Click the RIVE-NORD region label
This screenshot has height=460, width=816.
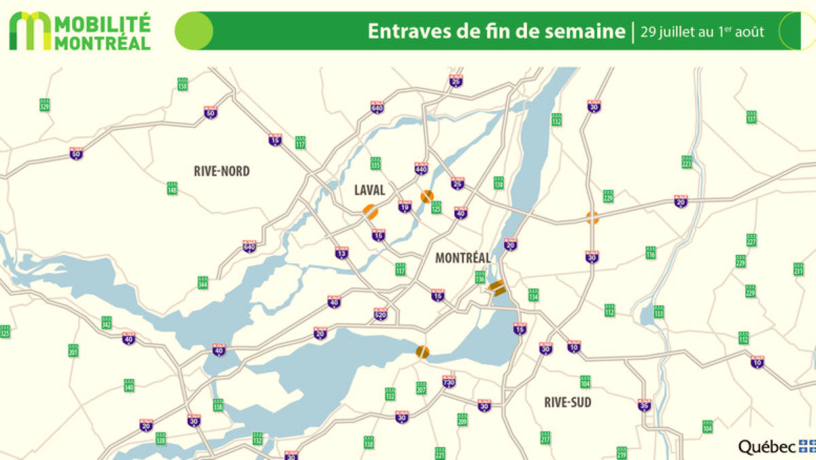222,171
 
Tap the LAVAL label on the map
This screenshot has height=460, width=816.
369,190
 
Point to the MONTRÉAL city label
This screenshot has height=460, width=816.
462,258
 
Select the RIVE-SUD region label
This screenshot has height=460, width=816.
568,402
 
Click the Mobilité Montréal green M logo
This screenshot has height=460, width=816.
29,31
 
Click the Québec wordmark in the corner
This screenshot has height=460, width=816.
768,447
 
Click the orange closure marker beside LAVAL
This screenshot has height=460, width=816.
370,211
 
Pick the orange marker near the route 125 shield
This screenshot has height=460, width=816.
427,196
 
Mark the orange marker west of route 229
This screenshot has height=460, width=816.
592,218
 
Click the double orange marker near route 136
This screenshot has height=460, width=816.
498,288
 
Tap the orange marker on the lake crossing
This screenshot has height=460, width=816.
422,352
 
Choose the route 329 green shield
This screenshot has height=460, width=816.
45,105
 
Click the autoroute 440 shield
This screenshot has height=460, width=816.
421,167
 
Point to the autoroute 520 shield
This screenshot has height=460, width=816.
380,314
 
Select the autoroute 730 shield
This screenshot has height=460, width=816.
448,381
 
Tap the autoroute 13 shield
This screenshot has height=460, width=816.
341,253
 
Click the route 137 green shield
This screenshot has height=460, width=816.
751,116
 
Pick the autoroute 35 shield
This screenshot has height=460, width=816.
645,404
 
